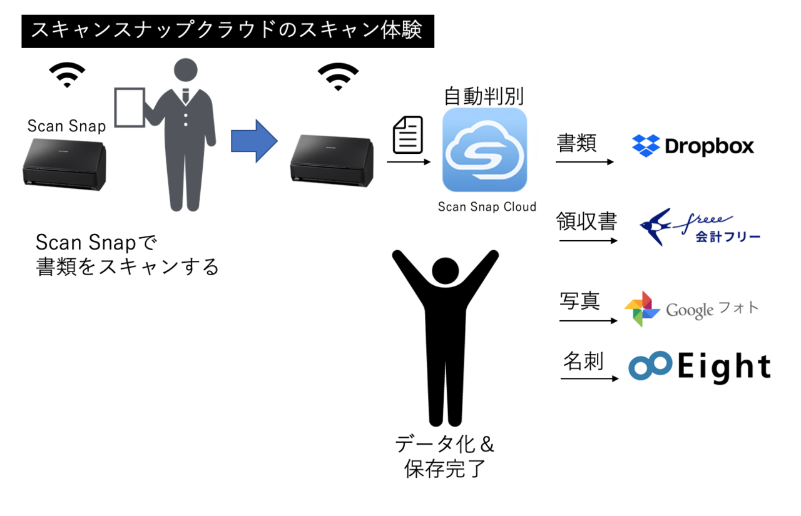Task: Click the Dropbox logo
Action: (x=693, y=146)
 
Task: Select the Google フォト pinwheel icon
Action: (x=642, y=309)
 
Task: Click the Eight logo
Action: (x=699, y=367)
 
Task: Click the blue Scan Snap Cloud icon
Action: (x=484, y=150)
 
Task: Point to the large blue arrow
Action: (x=253, y=141)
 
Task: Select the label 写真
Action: (x=579, y=301)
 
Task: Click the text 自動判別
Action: (x=483, y=96)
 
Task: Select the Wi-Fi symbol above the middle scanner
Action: (x=338, y=76)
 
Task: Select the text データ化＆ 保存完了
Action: (x=445, y=457)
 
